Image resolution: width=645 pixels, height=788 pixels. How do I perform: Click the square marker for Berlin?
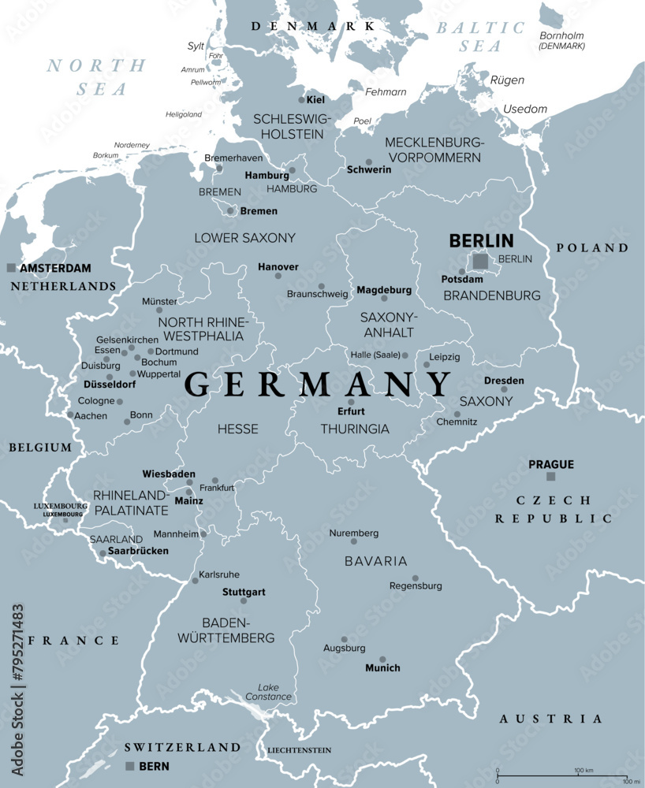click(x=480, y=261)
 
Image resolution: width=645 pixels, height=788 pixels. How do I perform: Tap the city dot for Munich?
click(x=382, y=660)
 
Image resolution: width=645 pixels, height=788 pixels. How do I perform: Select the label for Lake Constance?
click(x=274, y=692)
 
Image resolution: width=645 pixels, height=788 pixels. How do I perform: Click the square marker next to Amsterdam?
click(x=11, y=268)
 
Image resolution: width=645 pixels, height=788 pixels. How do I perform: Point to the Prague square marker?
click(x=550, y=476)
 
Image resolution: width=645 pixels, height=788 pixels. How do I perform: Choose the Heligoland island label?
click(x=183, y=114)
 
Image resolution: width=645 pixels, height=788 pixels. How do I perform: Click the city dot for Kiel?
click(x=301, y=100)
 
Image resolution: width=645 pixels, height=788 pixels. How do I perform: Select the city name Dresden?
click(x=504, y=381)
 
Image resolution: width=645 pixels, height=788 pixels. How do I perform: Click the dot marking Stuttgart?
click(x=243, y=600)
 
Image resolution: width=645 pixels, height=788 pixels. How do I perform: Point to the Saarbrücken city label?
click(x=139, y=551)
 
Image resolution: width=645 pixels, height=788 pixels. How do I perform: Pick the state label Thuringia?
click(x=355, y=429)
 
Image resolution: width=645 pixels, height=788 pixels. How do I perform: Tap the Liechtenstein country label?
click(x=299, y=750)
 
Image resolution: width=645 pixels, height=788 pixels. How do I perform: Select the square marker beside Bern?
click(x=130, y=766)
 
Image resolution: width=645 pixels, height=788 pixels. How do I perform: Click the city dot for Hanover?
click(x=278, y=276)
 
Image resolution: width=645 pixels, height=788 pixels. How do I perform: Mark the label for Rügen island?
click(x=507, y=80)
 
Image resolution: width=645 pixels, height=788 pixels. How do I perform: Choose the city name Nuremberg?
click(x=354, y=533)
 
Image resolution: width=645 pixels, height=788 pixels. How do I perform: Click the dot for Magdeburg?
click(x=384, y=298)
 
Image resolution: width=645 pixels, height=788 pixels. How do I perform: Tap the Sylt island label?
click(x=196, y=46)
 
